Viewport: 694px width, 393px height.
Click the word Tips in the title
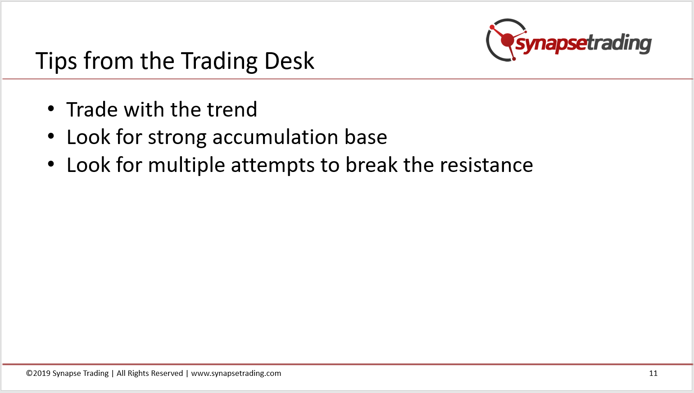pos(56,61)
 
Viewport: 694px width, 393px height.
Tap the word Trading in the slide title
pos(219,61)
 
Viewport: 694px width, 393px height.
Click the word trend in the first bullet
pos(232,109)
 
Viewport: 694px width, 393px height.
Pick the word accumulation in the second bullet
pos(275,137)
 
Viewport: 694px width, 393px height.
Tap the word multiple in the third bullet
pos(186,166)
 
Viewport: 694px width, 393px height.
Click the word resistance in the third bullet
pos(486,165)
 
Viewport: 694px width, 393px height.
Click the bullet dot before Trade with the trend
pos(51,109)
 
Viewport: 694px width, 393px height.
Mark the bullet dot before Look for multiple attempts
pos(51,164)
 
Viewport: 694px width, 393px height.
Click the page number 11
pos(653,373)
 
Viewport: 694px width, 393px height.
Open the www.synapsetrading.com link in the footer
pos(236,374)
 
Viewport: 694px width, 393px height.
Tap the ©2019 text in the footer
pos(38,373)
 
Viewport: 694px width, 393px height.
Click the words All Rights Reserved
pos(150,374)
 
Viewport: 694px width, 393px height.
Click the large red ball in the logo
pos(507,40)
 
